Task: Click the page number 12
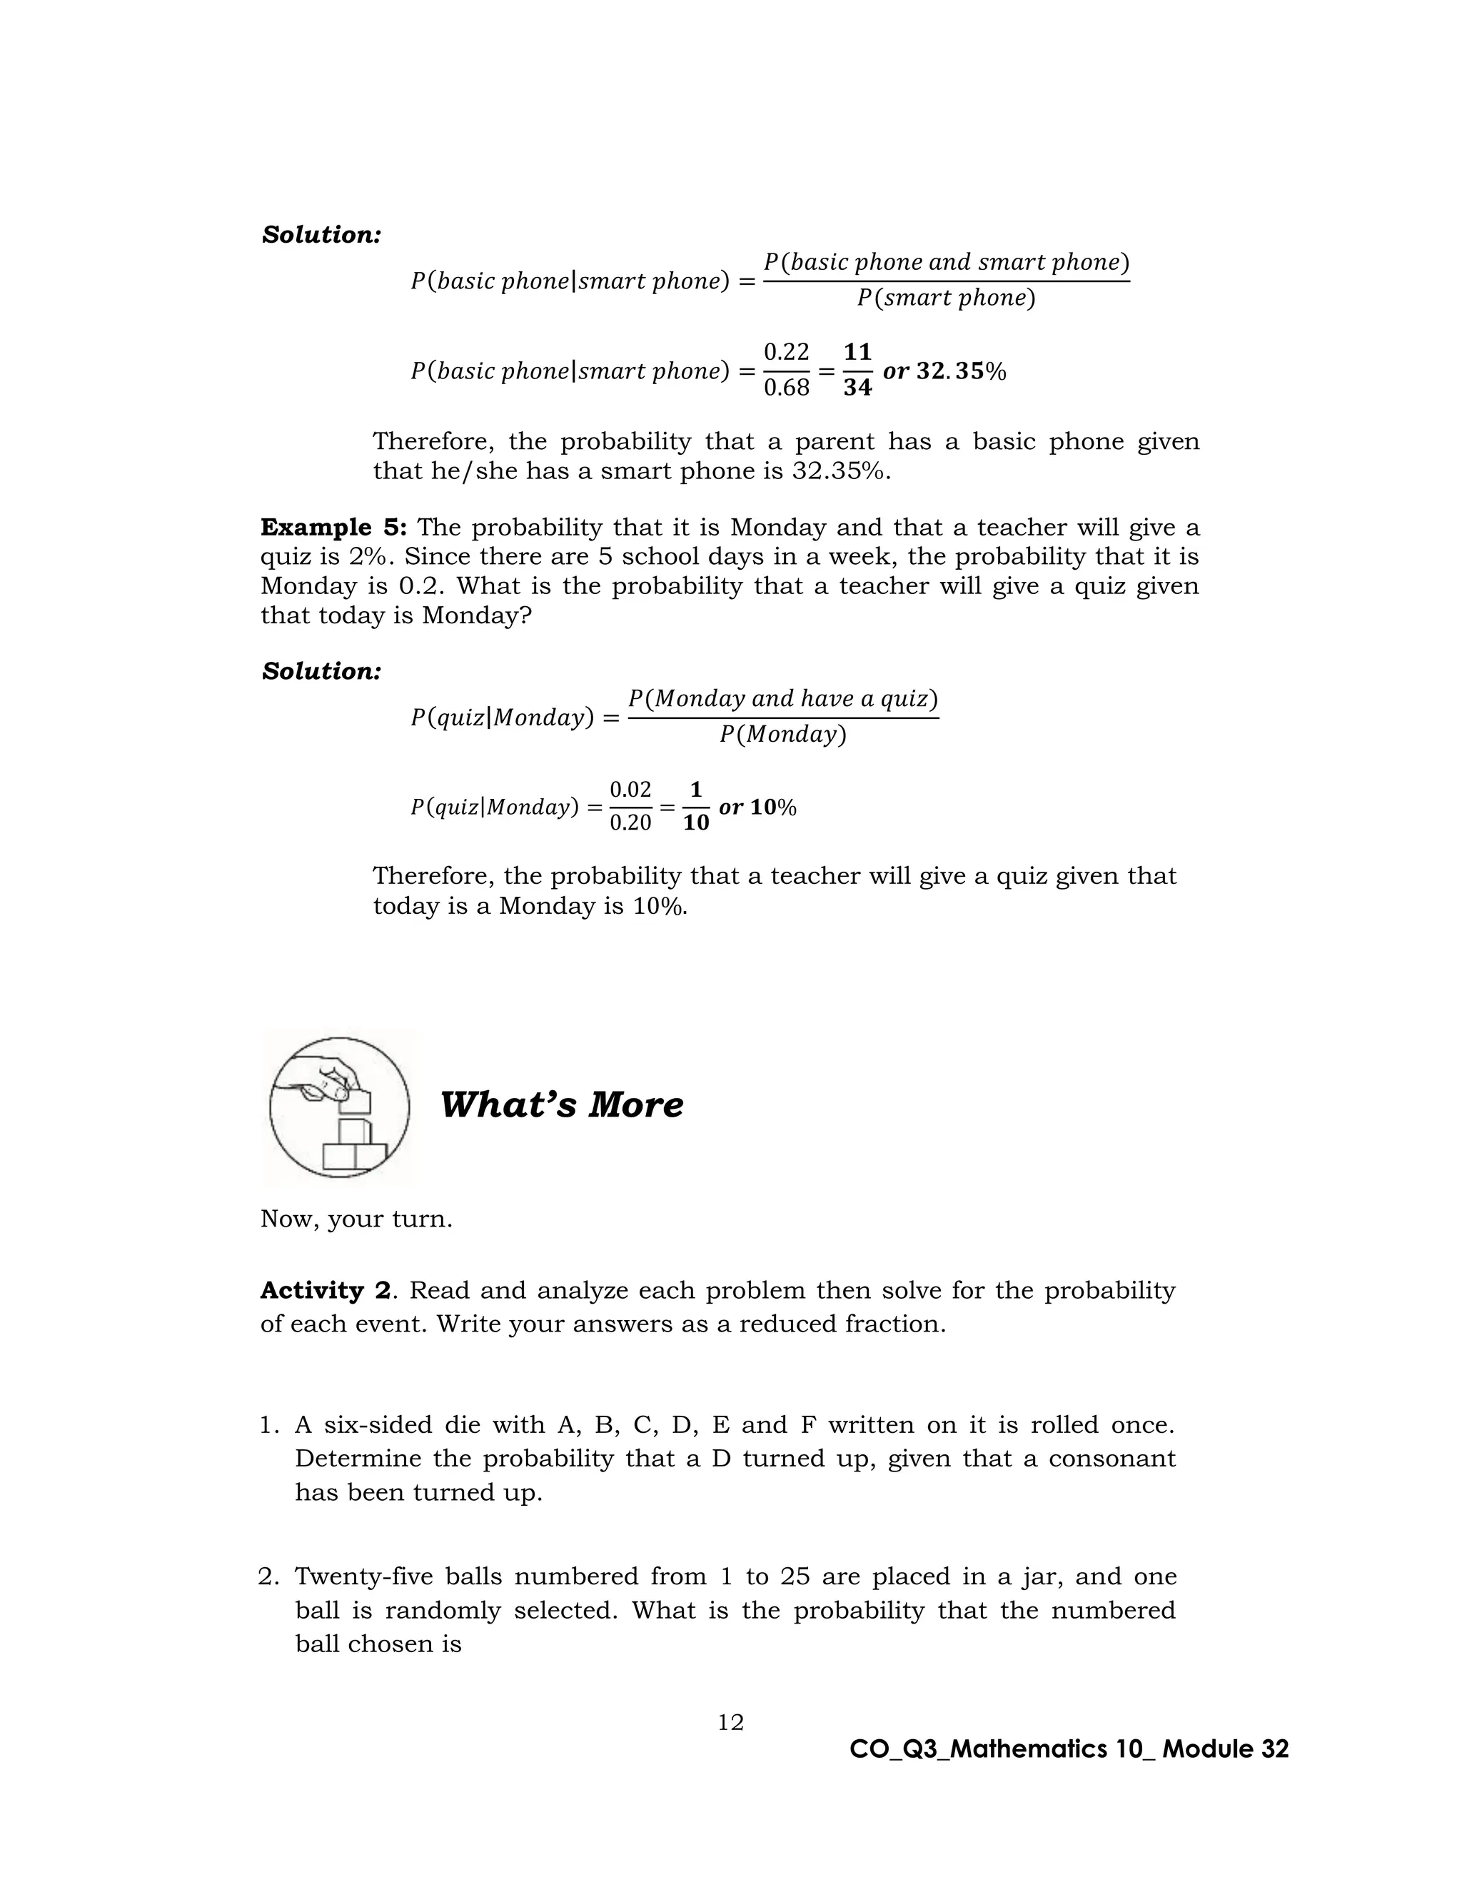[x=730, y=1722]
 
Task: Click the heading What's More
[x=561, y=1104]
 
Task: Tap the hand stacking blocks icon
[x=338, y=1107]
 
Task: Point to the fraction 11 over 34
[x=857, y=370]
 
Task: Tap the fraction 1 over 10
[x=695, y=807]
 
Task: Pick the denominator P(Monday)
[x=782, y=735]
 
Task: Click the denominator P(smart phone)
[x=946, y=298]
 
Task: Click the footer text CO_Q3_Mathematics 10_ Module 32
[x=1069, y=1749]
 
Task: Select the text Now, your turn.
[x=356, y=1219]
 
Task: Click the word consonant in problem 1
[x=1111, y=1459]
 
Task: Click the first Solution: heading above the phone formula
[x=321, y=235]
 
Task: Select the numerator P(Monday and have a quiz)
[x=783, y=698]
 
